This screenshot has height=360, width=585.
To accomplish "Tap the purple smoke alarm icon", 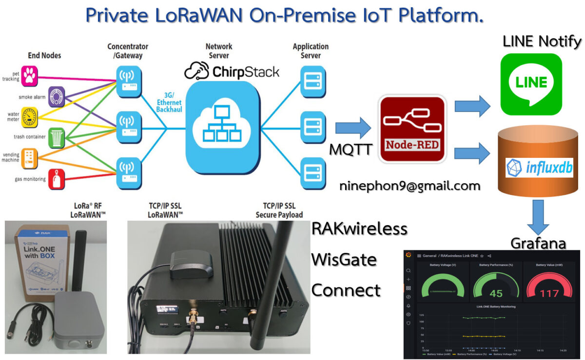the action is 57,96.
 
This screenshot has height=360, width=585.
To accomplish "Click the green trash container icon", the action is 57,137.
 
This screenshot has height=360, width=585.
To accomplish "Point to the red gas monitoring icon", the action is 57,179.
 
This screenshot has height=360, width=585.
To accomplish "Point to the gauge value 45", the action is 496,293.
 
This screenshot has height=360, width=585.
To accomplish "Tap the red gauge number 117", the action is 549,293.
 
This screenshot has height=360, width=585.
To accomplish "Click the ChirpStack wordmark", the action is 232,72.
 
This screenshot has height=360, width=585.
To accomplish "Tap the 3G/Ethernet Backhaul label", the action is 169,103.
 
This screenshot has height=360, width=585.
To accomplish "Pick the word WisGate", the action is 344,259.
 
